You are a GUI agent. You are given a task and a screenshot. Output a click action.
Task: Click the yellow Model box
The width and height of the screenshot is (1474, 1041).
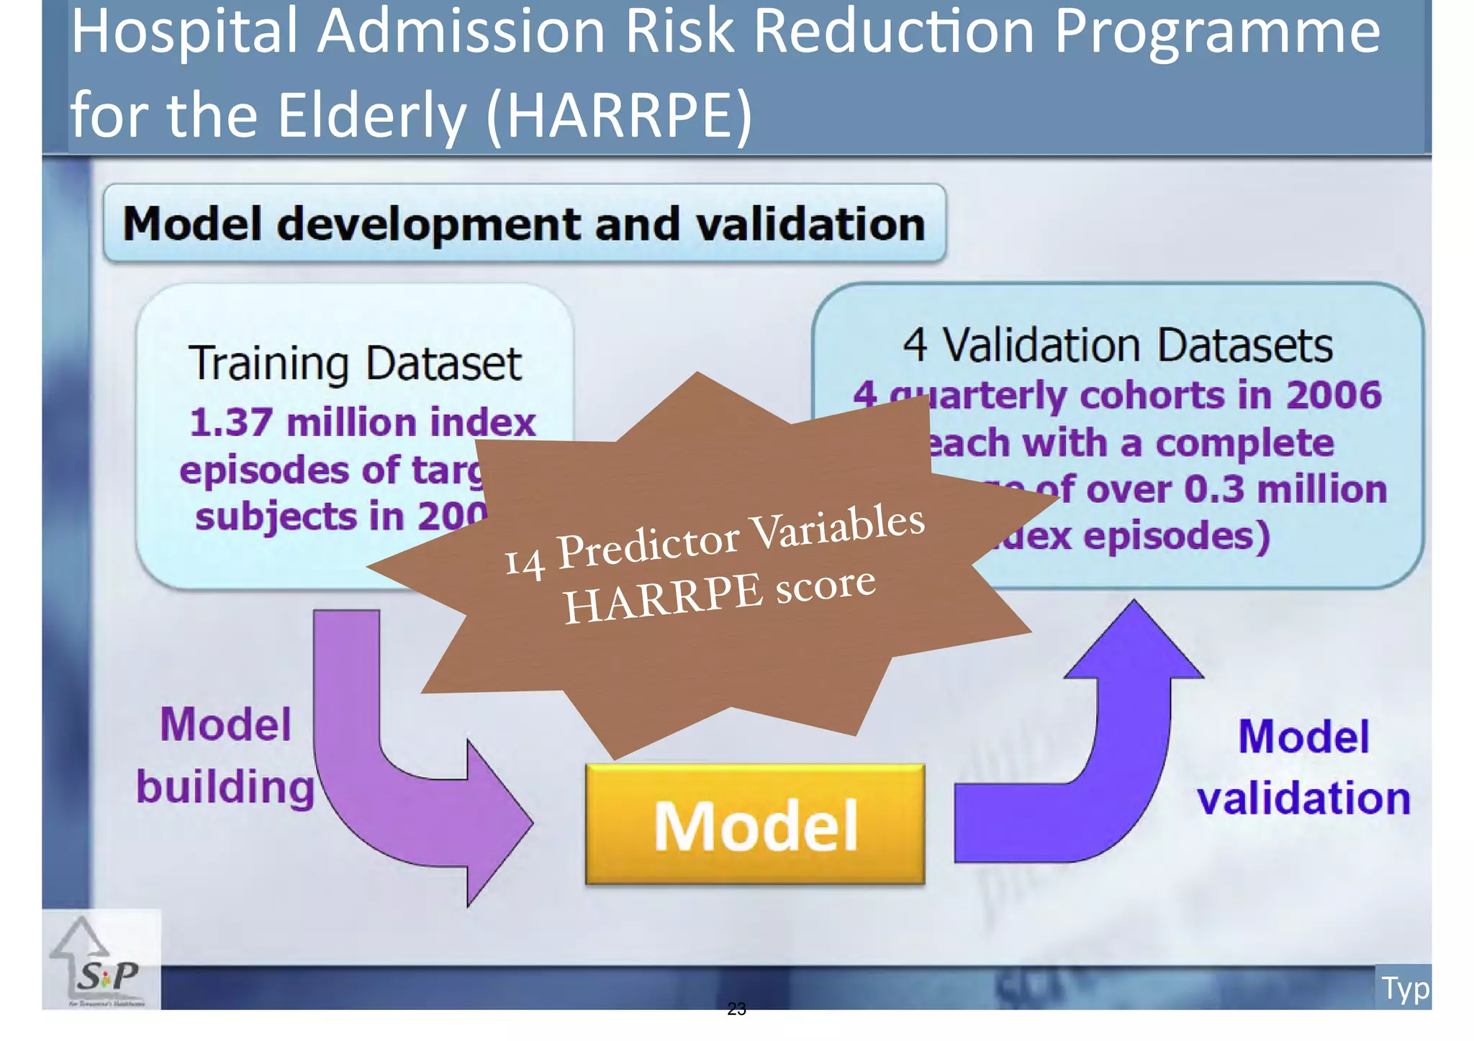point(755,824)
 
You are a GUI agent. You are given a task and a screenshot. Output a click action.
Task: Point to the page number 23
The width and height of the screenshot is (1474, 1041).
point(736,1009)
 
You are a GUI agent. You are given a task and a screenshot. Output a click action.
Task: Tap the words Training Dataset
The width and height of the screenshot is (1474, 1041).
point(355,363)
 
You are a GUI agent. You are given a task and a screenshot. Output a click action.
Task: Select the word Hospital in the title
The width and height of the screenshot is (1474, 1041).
point(184,32)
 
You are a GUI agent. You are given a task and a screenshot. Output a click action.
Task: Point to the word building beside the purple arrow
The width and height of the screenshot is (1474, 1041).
point(225,786)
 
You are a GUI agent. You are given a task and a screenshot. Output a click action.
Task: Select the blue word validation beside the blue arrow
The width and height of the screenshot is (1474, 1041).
point(1303,798)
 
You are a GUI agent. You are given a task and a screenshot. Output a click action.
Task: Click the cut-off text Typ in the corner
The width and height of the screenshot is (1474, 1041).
point(1404,988)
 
